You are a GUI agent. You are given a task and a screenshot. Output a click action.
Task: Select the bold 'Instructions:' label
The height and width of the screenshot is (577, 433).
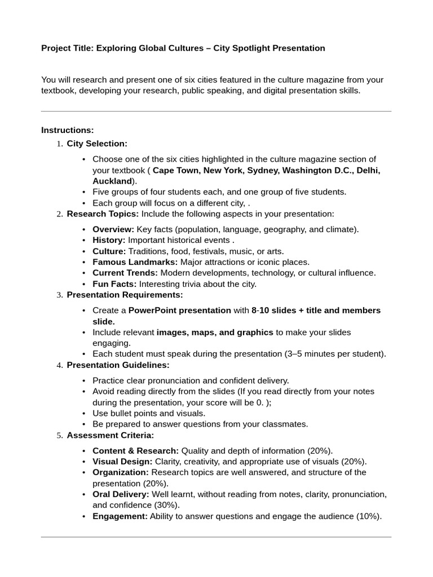pyautogui.click(x=67, y=130)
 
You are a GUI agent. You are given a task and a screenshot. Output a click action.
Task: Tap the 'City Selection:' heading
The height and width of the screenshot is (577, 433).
pyautogui.click(x=97, y=144)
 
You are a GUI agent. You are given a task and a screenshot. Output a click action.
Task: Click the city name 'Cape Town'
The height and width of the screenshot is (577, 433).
pyautogui.click(x=176, y=170)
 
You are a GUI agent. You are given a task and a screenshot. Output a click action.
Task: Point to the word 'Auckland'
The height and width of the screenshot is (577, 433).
pyautogui.click(x=112, y=181)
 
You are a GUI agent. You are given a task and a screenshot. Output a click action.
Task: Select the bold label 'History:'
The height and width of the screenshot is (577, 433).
pyautogui.click(x=109, y=240)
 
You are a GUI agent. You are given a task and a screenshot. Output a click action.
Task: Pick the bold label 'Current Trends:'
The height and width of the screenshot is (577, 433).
pyautogui.click(x=125, y=273)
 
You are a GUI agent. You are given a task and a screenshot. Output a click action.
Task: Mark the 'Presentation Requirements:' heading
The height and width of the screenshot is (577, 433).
pyautogui.click(x=125, y=295)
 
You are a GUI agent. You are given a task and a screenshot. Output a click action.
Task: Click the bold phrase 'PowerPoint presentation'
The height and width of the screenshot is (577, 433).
pyautogui.click(x=180, y=310)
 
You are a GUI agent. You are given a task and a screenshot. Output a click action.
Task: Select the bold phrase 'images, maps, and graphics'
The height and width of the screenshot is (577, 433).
pyautogui.click(x=215, y=332)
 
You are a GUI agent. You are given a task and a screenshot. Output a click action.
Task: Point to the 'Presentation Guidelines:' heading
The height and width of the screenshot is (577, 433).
pyautogui.click(x=118, y=365)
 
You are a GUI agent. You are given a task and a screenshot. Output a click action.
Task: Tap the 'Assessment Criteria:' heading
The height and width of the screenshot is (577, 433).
pyautogui.click(x=110, y=436)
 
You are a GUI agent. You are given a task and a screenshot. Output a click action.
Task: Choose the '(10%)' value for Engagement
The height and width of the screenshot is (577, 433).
pyautogui.click(x=369, y=516)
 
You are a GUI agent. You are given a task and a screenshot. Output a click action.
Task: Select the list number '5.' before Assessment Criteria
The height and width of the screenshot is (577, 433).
pyautogui.click(x=59, y=436)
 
